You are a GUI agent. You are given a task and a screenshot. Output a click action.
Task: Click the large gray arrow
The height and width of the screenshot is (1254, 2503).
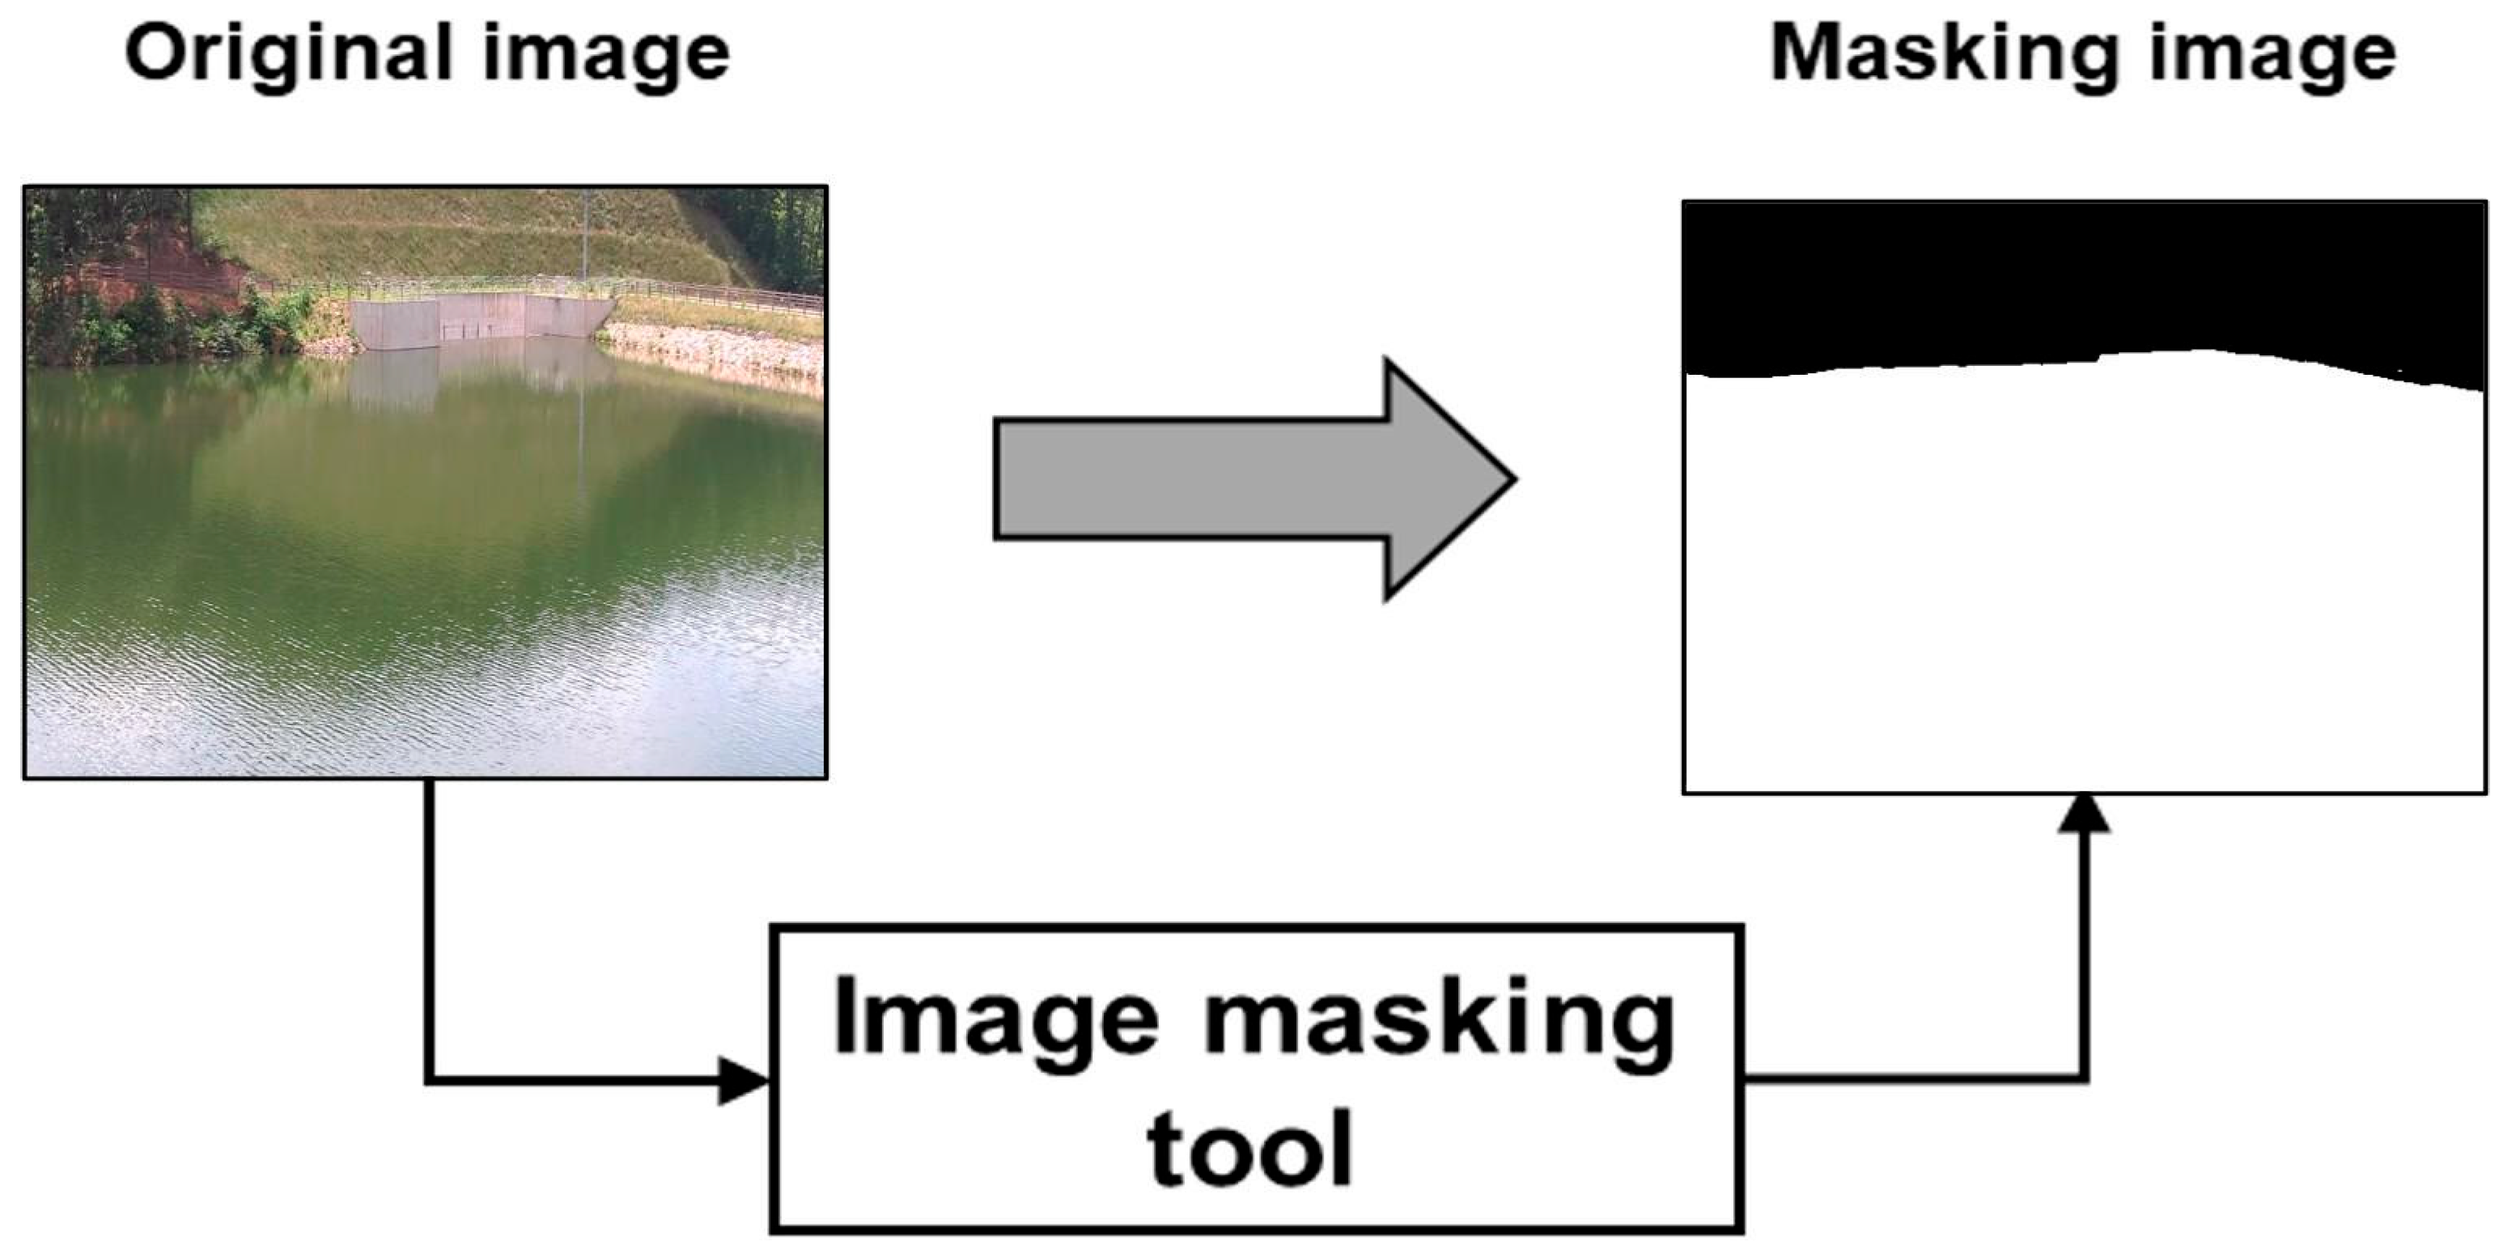click(x=1254, y=479)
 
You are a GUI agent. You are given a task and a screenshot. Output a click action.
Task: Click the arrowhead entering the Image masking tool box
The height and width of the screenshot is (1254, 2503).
click(x=744, y=1079)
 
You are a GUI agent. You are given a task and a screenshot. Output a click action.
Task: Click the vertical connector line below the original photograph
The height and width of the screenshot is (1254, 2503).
click(x=430, y=929)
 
